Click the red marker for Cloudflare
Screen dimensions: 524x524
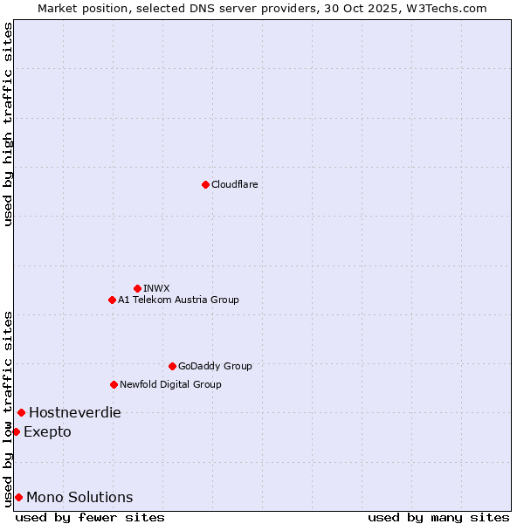(205, 184)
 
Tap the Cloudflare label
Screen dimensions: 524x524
(235, 184)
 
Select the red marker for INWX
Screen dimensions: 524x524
(137, 288)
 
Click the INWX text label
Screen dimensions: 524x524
(156, 288)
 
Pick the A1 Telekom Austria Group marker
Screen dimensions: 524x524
(112, 300)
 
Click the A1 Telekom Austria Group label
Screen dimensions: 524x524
(178, 300)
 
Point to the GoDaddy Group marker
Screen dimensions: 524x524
(172, 366)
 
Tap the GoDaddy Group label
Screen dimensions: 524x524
(215, 366)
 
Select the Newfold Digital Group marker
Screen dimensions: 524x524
(114, 384)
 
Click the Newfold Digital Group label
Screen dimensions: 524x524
(170, 384)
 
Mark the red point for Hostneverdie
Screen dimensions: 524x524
(21, 412)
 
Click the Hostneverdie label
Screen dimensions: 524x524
(75, 412)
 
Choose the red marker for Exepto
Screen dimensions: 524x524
(16, 431)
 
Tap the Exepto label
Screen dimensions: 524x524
(47, 431)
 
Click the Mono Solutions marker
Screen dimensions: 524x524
(18, 497)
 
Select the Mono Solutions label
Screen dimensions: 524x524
(79, 497)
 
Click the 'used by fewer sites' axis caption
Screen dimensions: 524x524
(90, 517)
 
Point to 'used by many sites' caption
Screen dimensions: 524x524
(438, 517)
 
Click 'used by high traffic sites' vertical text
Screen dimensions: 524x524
(8, 124)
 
